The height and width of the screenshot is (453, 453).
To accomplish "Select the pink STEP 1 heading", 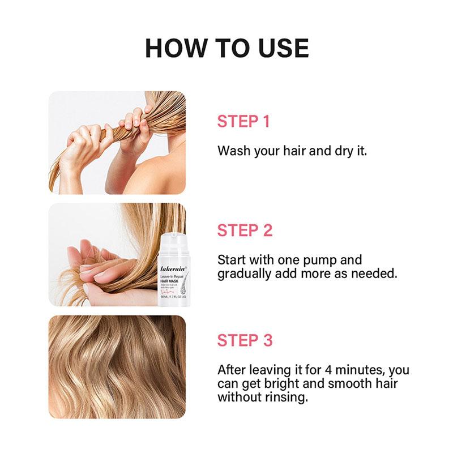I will (x=244, y=122).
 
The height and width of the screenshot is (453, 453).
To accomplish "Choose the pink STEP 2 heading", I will (x=245, y=230).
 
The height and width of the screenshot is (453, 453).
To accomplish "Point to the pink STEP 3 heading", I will (x=245, y=340).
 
